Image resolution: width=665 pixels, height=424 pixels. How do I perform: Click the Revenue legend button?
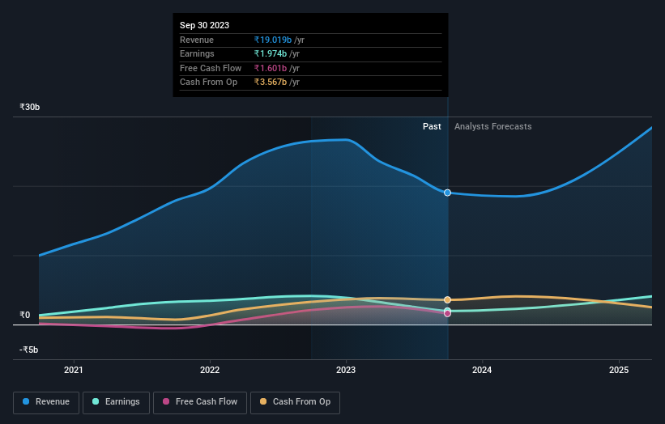coord(46,401)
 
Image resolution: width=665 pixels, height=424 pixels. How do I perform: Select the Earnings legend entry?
coord(116,401)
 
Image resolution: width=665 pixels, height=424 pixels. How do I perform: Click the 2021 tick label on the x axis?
coord(74,371)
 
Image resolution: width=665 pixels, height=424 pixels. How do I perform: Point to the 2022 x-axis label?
coord(210,371)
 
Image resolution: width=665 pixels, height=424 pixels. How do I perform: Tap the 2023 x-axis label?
coord(346,371)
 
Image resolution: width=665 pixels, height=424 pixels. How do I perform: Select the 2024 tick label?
coord(482,371)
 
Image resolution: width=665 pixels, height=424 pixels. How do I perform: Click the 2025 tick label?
coord(619,371)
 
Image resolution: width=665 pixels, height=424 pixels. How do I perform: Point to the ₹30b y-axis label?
coord(30,107)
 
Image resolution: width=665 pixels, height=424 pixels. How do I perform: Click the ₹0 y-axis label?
coord(25,315)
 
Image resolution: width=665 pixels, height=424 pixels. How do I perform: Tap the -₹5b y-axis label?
coord(28,350)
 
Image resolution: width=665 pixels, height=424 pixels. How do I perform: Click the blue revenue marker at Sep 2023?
coord(447,193)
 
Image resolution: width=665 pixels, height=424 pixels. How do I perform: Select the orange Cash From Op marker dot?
coord(447,299)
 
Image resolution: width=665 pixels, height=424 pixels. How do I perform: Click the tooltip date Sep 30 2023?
coord(206,25)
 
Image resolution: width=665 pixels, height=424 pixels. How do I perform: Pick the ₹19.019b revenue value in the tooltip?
coord(272,40)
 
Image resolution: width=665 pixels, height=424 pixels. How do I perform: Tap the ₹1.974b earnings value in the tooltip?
coord(270,54)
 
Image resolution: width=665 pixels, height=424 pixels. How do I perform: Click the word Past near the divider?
coord(432,126)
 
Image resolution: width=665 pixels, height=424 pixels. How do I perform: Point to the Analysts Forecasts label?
coord(493,126)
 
